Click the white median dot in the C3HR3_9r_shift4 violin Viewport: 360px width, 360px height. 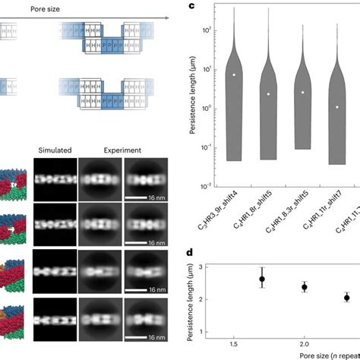[x=235, y=74]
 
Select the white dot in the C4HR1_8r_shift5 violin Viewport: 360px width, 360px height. [x=269, y=94]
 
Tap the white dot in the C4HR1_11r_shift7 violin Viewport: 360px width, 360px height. [x=337, y=107]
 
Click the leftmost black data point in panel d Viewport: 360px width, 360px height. [x=262, y=279]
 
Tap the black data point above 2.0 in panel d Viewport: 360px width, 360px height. [x=305, y=287]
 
